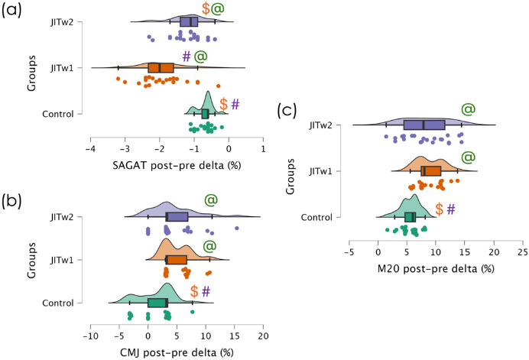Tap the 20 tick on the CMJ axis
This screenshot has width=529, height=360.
click(264, 336)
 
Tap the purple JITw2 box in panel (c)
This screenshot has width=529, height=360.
click(423, 125)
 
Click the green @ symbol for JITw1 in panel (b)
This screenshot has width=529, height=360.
click(209, 247)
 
